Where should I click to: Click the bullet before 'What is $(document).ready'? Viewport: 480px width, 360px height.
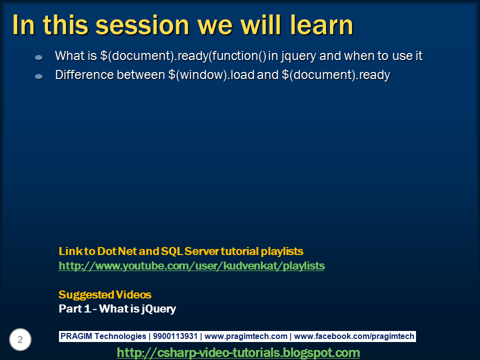point(38,57)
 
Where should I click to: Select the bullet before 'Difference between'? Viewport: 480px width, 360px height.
point(38,76)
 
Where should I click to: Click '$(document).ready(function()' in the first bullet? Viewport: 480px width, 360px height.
point(183,56)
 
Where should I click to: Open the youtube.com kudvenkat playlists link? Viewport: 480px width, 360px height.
point(191,266)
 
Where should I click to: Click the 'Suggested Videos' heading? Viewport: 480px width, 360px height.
point(105,294)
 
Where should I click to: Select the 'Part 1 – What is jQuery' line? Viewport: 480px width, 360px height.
point(117,309)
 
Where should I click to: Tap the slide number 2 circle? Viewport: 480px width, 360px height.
point(20,340)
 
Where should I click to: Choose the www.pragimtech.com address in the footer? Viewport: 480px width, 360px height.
point(246,336)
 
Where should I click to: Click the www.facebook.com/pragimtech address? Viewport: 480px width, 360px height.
point(354,336)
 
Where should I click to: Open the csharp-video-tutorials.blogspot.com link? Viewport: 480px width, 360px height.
point(238,353)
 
